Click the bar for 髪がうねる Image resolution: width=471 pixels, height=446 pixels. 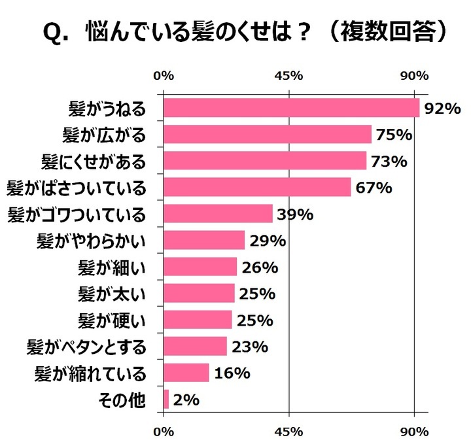291,108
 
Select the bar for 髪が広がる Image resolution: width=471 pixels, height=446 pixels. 267,135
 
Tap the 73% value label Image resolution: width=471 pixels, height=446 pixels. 389,161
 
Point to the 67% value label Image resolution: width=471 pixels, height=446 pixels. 374,188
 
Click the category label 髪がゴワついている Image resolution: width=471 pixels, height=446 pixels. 76,214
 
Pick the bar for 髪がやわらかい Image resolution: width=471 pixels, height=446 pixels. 203,241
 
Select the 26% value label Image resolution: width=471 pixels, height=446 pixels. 260,267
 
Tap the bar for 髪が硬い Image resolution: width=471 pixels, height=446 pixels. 198,320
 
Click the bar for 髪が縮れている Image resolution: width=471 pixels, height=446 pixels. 186,373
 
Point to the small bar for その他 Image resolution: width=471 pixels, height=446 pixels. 166,400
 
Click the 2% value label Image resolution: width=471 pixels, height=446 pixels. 186,400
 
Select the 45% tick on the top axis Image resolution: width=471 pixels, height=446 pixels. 289,75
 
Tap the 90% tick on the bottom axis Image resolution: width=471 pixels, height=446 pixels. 414,432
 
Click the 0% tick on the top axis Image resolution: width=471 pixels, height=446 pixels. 164,75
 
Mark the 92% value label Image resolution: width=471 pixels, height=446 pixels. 443,108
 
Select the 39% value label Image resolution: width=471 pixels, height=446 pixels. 296,214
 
